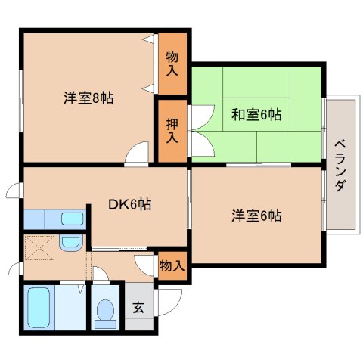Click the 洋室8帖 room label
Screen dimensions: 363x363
(88, 98)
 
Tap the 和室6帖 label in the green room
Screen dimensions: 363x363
(256, 114)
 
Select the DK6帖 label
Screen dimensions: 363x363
(130, 204)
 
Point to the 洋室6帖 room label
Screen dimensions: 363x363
(256, 216)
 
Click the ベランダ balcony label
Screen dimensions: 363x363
(340, 166)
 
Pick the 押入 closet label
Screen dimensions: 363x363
(172, 130)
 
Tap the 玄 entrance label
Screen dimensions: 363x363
(138, 307)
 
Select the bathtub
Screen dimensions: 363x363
(39, 308)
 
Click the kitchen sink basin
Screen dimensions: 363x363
(73, 219)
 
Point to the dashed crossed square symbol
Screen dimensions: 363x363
(40, 248)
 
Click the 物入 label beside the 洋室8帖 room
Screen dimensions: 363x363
(172, 63)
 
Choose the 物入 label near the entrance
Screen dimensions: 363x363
(172, 266)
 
